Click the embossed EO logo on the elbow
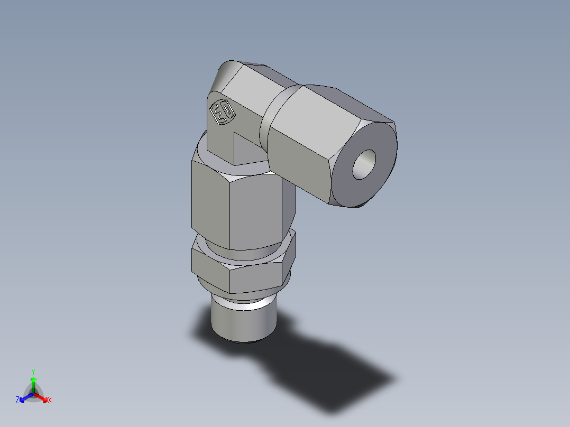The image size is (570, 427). pyautogui.click(x=222, y=112)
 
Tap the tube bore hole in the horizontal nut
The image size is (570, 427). pyautogui.click(x=364, y=164)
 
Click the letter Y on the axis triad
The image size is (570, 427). pyautogui.click(x=33, y=372)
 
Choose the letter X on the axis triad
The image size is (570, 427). pyautogui.click(x=50, y=401)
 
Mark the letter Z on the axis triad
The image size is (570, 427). pyautogui.click(x=17, y=401)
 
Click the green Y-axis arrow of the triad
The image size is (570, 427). pyautogui.click(x=33, y=383)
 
